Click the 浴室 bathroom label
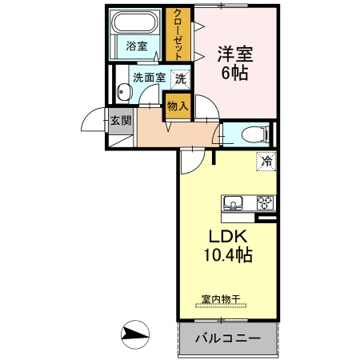tap(137, 46)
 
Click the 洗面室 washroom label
tap(149, 78)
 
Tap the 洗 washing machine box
tap(181, 78)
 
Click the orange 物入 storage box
tap(178, 106)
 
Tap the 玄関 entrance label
tap(121, 122)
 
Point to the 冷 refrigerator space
tap(266, 162)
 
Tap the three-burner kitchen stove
tap(265, 202)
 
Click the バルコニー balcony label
tap(228, 339)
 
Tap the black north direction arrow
tap(135, 333)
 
